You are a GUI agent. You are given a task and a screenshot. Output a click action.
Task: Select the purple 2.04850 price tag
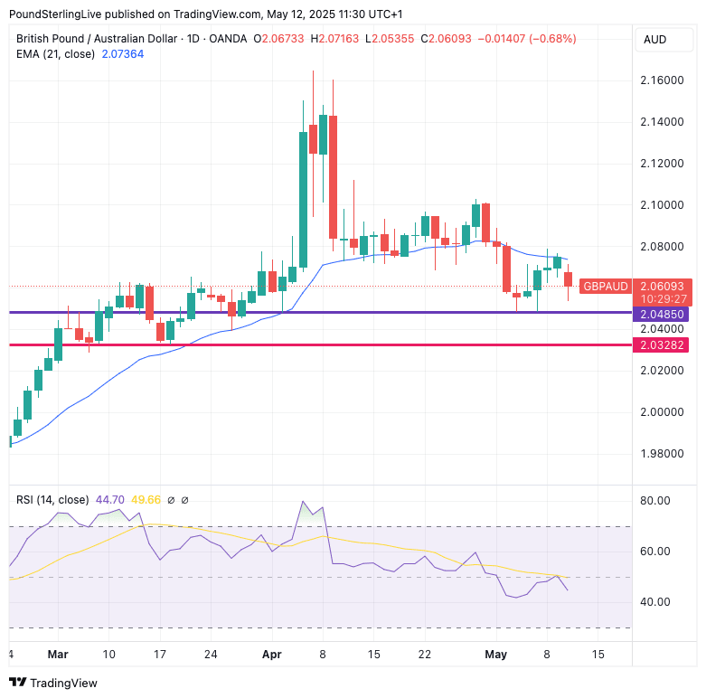(x=664, y=315)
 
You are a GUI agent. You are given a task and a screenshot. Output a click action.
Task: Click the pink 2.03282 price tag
(x=664, y=344)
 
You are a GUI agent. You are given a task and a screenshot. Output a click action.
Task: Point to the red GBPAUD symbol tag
(x=606, y=286)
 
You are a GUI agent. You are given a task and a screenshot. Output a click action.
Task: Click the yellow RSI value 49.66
(x=146, y=500)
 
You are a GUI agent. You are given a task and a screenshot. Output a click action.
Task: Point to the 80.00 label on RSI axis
(x=656, y=501)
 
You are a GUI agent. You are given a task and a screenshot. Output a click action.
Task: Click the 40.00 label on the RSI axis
(x=656, y=602)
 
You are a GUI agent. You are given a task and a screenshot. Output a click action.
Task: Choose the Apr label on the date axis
(x=272, y=654)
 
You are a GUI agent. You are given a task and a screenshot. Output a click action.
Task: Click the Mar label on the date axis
(x=58, y=654)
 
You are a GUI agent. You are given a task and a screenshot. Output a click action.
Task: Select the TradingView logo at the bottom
(x=53, y=683)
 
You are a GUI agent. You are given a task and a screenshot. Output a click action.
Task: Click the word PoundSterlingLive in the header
(x=53, y=15)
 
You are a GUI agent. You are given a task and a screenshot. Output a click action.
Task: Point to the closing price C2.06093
(x=448, y=39)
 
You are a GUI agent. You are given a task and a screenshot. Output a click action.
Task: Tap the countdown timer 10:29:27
(x=663, y=298)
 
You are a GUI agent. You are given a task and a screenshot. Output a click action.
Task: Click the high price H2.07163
(x=336, y=39)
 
